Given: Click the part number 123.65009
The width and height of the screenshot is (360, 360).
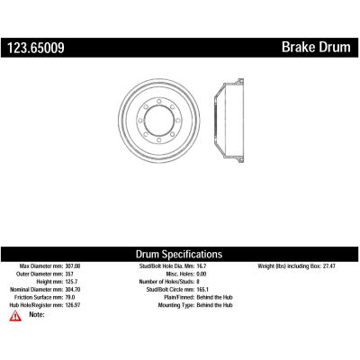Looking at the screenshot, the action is [x=36, y=48].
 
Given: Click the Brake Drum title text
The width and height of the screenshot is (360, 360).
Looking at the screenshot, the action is [x=316, y=48].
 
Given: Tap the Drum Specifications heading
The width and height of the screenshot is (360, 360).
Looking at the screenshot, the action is [x=179, y=254].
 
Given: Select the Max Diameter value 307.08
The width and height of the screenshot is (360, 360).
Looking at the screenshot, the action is [x=73, y=266].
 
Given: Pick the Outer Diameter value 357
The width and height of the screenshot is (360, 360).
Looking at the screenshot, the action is [x=69, y=274].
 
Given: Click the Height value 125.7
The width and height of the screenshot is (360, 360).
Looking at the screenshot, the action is [x=71, y=282].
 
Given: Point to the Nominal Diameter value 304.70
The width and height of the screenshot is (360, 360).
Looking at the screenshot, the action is [x=73, y=290].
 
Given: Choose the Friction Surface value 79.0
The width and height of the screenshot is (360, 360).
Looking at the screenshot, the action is [x=70, y=297].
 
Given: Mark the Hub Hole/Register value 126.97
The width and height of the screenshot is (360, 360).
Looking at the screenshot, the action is [x=73, y=305].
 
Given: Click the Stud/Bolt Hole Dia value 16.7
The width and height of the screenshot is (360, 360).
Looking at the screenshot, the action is [x=202, y=266].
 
